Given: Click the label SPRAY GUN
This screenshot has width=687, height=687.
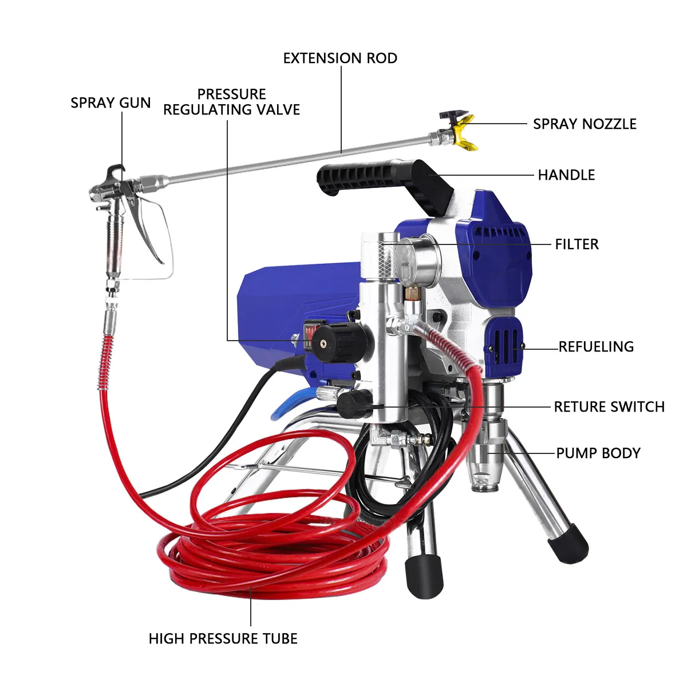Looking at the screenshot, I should (x=110, y=103).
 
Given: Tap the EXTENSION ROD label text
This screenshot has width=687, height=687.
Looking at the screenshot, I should (x=340, y=58).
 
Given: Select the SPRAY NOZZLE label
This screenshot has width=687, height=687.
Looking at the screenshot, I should (x=585, y=124).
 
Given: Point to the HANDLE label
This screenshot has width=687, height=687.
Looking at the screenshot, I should (x=566, y=175).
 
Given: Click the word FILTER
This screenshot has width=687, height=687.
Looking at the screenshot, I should (x=577, y=244).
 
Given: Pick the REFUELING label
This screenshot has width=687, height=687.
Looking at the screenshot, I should (x=596, y=347).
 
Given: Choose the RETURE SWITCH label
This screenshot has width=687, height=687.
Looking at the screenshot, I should (x=609, y=407).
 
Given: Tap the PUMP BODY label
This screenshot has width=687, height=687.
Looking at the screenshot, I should (x=598, y=453).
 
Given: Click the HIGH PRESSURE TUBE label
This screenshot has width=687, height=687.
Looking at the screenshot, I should (x=223, y=639).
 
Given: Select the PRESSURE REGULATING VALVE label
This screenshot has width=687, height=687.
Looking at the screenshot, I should (x=232, y=102).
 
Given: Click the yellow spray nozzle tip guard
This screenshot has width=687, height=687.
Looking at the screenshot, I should (x=465, y=133).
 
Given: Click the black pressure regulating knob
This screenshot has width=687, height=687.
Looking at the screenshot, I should (x=331, y=343).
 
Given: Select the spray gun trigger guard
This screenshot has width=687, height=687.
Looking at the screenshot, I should (x=157, y=235).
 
